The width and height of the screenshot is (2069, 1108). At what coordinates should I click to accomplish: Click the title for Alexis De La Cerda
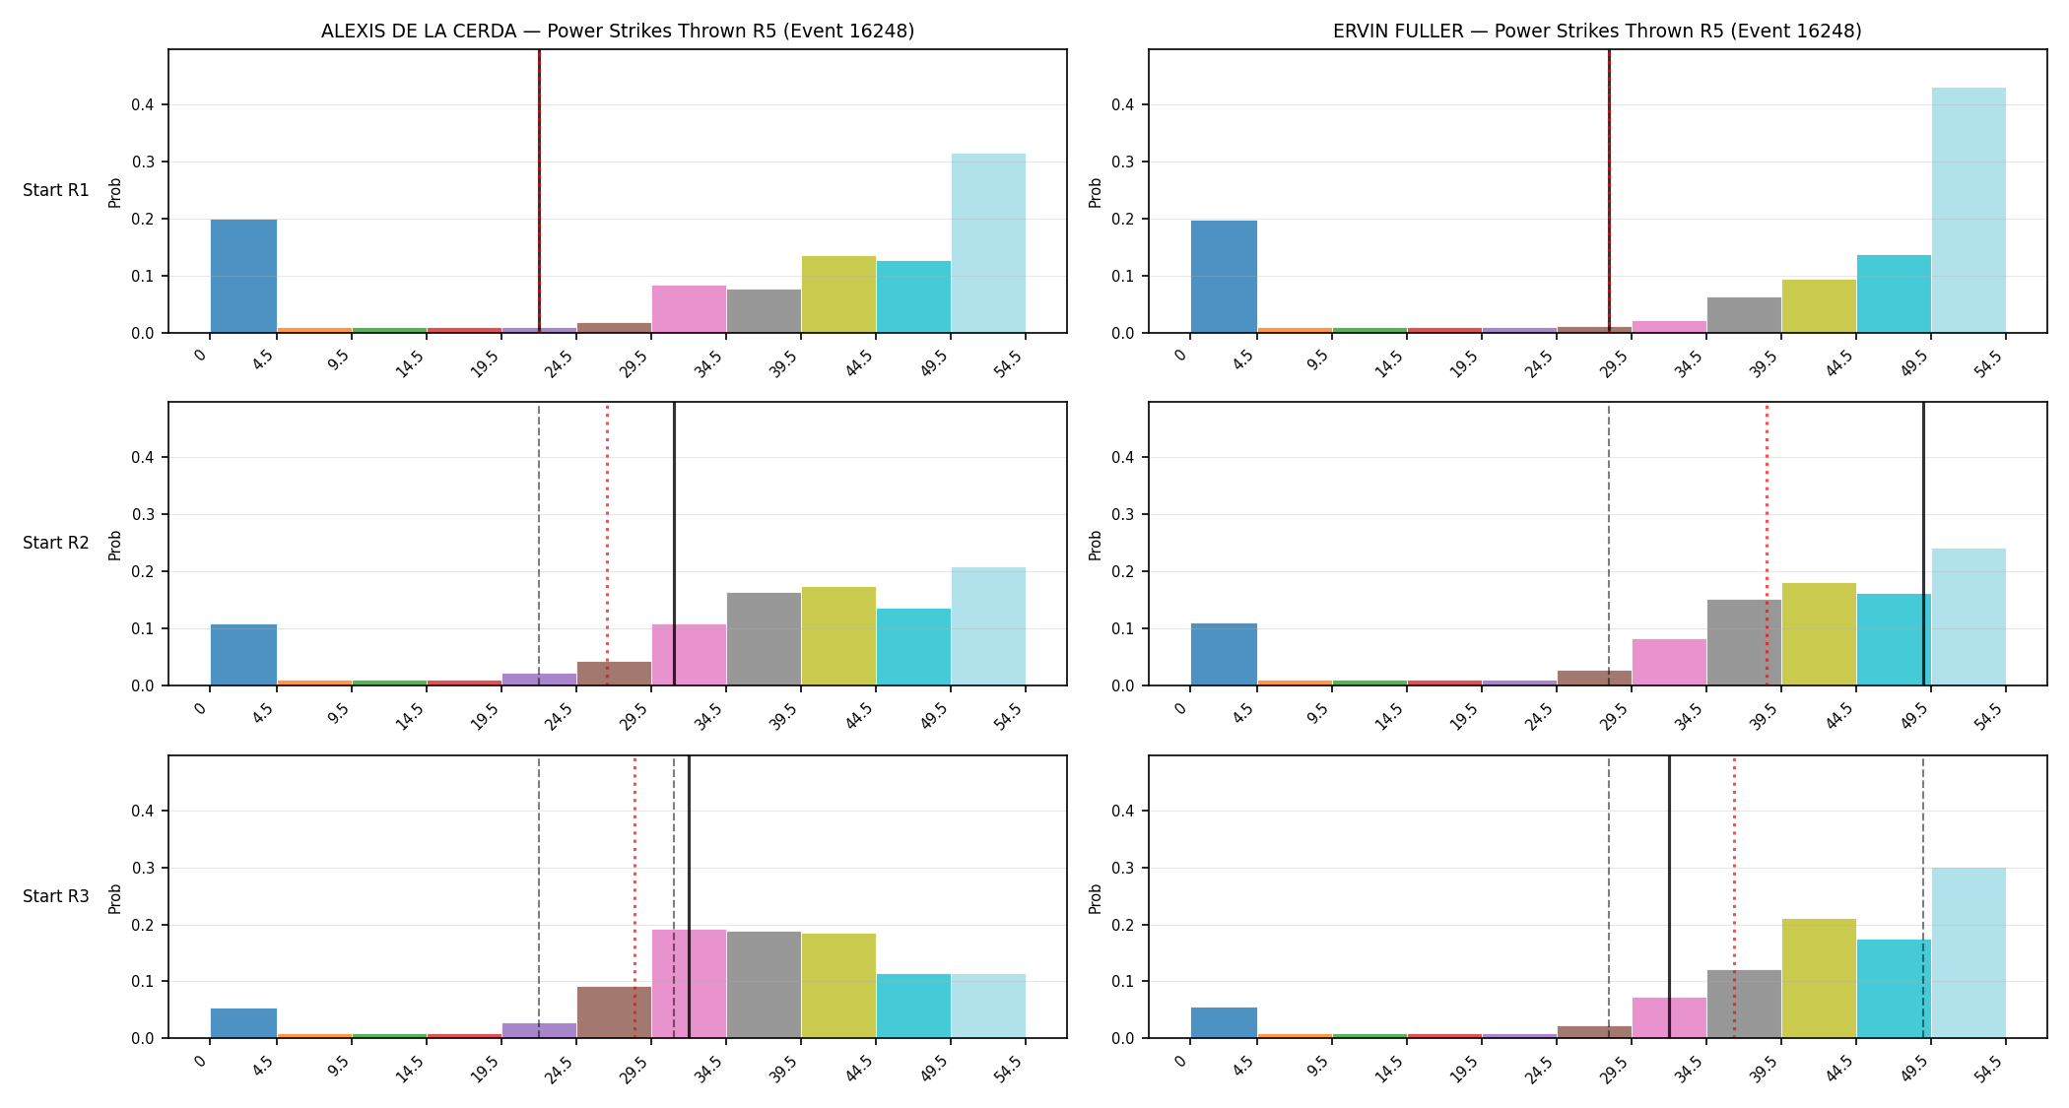[618, 32]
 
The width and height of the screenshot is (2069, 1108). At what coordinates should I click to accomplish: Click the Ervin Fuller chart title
[1597, 32]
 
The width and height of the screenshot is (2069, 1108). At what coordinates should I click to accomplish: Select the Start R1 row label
[56, 190]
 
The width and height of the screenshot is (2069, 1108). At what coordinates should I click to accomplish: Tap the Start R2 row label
[56, 543]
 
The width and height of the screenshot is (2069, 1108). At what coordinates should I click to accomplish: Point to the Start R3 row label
[56, 896]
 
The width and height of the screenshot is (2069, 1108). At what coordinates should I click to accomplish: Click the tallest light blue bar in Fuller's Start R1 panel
[1969, 210]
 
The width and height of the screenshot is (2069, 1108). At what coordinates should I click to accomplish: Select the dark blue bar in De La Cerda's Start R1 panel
[243, 276]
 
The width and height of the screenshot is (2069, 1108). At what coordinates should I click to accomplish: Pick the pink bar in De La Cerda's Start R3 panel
[689, 984]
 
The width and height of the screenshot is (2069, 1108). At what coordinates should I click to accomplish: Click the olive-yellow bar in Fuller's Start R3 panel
[1819, 978]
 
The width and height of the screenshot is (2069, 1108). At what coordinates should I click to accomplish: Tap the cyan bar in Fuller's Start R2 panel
[1894, 639]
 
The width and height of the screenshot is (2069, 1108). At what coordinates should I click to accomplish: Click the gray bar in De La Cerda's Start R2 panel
[764, 639]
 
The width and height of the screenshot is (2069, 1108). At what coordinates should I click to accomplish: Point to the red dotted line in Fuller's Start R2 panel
[1767, 544]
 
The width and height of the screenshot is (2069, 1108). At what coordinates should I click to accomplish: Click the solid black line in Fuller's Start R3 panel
[1669, 896]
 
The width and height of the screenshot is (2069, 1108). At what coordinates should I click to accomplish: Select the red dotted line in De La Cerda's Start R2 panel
[607, 544]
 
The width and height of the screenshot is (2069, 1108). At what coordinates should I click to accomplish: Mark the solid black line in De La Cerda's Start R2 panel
[674, 544]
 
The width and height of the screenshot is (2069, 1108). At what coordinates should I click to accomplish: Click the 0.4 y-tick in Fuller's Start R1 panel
[1123, 105]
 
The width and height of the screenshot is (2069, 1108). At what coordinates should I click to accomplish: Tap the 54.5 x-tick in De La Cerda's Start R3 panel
[1008, 1070]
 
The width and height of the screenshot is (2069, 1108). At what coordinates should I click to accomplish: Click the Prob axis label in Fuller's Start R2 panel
[1095, 545]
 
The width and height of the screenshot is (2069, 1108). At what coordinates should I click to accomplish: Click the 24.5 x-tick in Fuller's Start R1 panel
[1539, 364]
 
